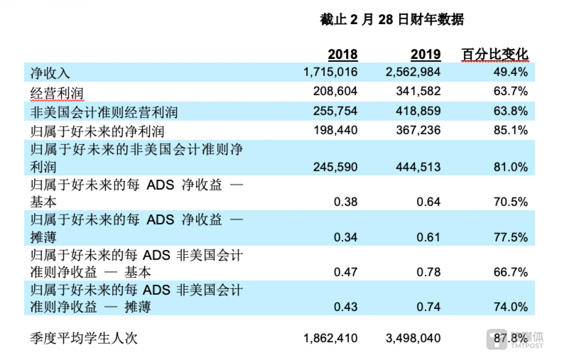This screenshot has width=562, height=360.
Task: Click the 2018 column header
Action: click(x=343, y=54)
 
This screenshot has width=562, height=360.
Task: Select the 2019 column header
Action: click(x=425, y=54)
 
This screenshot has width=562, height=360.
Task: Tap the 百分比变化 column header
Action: click(x=494, y=54)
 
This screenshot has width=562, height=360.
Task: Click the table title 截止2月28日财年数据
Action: click(x=392, y=19)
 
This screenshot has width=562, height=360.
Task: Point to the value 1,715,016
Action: click(x=330, y=72)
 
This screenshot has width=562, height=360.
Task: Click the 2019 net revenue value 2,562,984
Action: click(x=413, y=72)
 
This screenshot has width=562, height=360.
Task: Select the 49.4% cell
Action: click(x=510, y=72)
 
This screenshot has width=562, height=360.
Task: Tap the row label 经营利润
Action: click(x=57, y=93)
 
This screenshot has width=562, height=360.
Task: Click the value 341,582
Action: click(x=418, y=91)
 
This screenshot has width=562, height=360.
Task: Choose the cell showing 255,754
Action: click(x=335, y=111)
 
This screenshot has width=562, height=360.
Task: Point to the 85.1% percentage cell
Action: click(x=510, y=130)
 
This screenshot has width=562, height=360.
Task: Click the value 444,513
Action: click(x=418, y=167)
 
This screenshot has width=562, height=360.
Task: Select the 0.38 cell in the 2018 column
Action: click(x=345, y=202)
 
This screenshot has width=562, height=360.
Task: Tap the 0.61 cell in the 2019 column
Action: click(x=428, y=237)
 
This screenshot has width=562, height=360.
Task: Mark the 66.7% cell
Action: click(x=510, y=272)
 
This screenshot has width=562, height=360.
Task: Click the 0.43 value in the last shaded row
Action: click(x=345, y=307)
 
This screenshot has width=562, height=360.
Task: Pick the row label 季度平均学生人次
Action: click(x=84, y=338)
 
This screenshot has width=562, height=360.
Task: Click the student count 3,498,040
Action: click(x=413, y=338)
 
